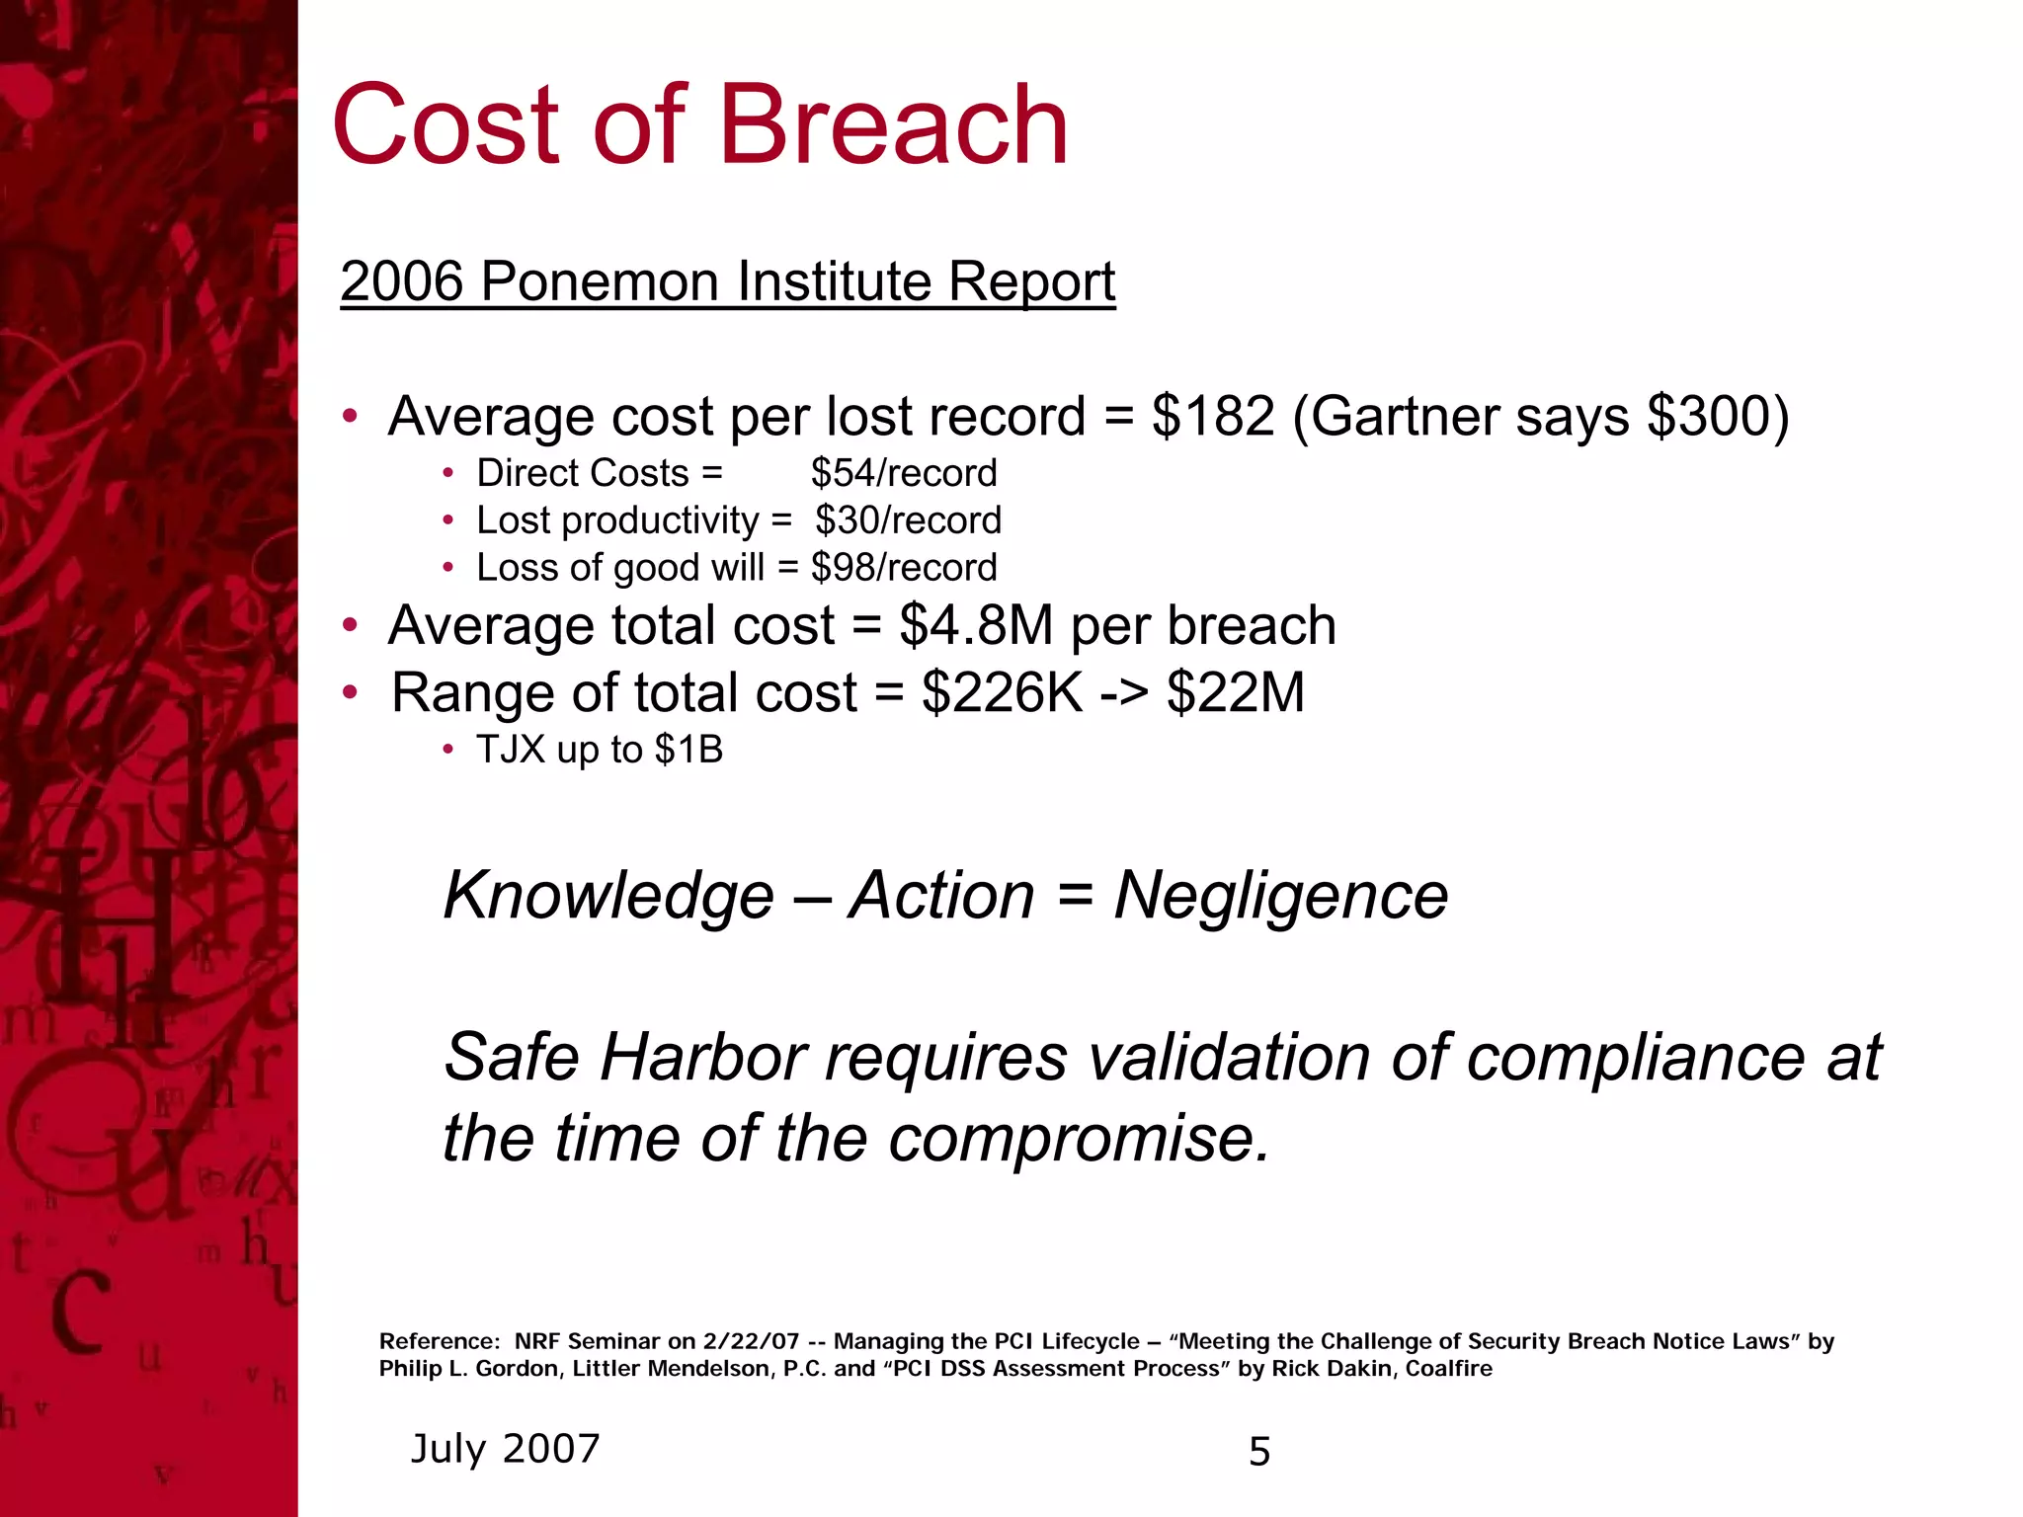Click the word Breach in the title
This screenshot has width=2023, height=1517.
(894, 125)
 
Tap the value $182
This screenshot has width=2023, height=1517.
(1213, 416)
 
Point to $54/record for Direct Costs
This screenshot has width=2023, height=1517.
(904, 473)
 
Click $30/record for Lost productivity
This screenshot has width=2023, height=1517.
(908, 520)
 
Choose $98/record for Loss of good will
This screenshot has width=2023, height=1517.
(904, 568)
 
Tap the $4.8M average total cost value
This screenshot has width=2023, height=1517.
(976, 626)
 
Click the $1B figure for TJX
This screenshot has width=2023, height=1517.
(688, 750)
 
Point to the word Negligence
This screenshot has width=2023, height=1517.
(1280, 896)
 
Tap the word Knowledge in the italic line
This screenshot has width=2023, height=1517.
(608, 896)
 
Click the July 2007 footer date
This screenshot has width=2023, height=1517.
(505, 1449)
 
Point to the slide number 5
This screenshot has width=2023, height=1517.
(1259, 1452)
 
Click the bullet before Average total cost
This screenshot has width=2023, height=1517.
(349, 625)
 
